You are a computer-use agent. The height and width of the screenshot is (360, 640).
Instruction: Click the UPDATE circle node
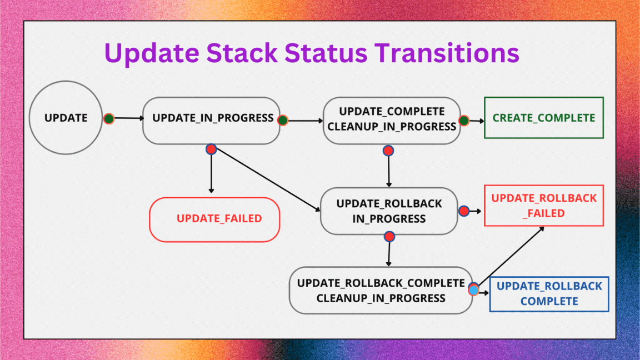point(66,118)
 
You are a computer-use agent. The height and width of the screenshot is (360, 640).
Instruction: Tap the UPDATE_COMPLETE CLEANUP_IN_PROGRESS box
point(392,120)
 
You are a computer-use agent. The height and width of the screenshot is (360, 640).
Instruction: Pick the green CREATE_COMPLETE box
point(543,118)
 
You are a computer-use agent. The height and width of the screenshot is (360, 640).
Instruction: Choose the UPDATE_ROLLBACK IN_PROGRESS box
point(389,211)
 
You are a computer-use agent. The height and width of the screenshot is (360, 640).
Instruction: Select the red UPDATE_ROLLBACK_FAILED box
point(543,206)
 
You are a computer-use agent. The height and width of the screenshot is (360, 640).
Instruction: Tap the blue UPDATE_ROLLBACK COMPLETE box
point(549,294)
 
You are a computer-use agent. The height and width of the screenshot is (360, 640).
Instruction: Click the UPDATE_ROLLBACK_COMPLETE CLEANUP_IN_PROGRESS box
point(381,290)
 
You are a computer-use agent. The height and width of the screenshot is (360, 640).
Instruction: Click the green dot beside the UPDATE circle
point(109,118)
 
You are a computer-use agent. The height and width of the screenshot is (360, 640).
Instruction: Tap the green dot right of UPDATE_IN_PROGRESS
point(282,120)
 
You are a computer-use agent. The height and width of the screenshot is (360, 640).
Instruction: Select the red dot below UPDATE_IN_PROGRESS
point(211,149)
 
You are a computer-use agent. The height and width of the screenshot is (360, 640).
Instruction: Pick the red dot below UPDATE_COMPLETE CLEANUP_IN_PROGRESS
point(388,150)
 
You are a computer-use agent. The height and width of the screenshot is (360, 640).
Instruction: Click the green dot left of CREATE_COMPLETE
point(464,121)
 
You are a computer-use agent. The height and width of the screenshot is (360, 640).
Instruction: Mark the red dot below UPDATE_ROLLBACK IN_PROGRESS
point(389,237)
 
